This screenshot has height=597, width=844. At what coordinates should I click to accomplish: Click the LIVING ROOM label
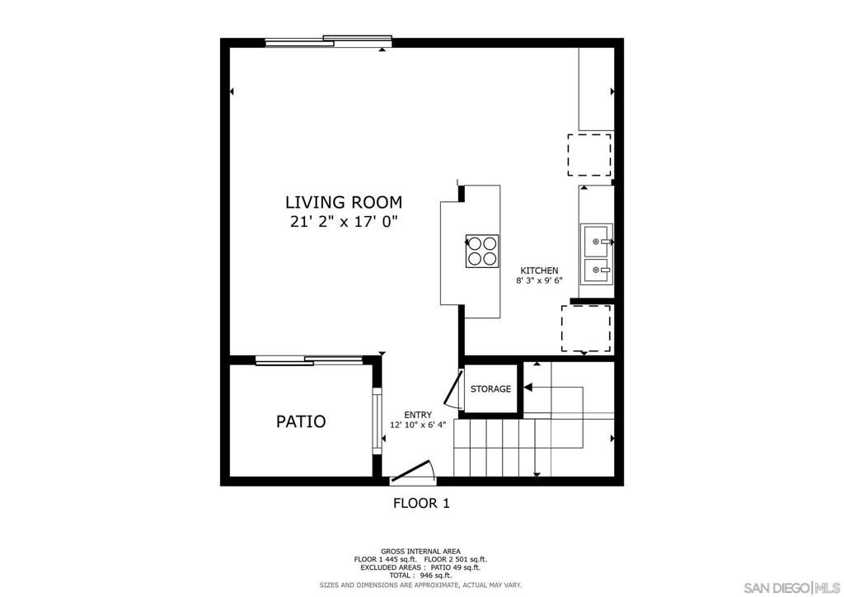click(x=343, y=201)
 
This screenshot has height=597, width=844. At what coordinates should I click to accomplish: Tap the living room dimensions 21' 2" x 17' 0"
click(x=343, y=222)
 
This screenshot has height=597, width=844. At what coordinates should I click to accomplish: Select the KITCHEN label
click(x=539, y=270)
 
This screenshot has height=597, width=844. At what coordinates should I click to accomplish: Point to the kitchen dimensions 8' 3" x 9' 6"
click(x=539, y=281)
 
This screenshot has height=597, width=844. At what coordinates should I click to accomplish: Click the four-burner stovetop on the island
click(x=482, y=251)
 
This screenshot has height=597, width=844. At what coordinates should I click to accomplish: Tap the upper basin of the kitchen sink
click(x=596, y=242)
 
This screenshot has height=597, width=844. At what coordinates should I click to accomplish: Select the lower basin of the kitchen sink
click(x=596, y=270)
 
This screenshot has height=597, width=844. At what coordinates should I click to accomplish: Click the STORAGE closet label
click(x=490, y=389)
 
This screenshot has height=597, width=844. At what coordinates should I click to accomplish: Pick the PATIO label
click(x=300, y=421)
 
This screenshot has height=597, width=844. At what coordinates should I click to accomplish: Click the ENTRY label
click(x=418, y=415)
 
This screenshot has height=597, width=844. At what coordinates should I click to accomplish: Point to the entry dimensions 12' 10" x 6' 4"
click(x=418, y=425)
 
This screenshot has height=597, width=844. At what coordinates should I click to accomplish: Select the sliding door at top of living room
click(x=328, y=40)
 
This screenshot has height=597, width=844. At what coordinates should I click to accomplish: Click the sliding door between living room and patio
click(x=309, y=360)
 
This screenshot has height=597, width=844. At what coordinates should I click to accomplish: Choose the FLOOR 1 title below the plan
click(x=421, y=503)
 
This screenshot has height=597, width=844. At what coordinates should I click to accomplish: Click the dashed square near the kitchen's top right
click(x=589, y=155)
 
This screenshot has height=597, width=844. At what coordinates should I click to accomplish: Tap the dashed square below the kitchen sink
click(x=586, y=327)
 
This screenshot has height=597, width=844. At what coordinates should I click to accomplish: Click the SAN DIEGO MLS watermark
click(x=790, y=587)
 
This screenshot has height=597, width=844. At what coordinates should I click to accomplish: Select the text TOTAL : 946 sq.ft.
click(x=420, y=576)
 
